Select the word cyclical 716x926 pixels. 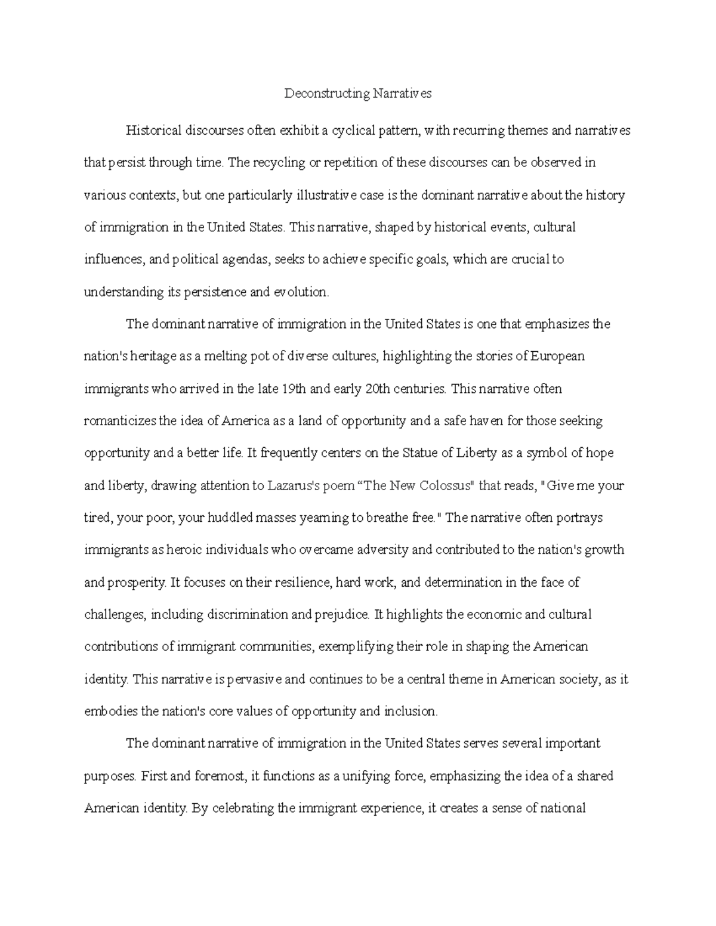tap(352, 131)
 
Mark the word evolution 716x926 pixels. tap(301, 292)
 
